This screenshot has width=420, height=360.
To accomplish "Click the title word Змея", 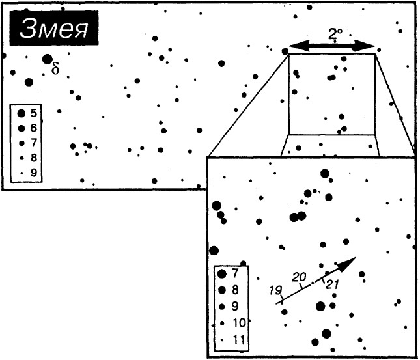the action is pyautogui.click(x=54, y=29).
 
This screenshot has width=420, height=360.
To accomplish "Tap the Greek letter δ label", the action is pyautogui.click(x=55, y=68).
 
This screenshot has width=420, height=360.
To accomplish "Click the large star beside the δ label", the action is pyautogui.click(x=48, y=59).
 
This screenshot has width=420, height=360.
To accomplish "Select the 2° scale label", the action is pyautogui.click(x=335, y=35).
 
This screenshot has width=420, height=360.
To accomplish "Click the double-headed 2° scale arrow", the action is pyautogui.click(x=332, y=46).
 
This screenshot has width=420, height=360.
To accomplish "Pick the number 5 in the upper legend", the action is pyautogui.click(x=33, y=113).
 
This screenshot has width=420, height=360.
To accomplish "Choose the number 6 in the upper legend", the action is pyautogui.click(x=33, y=128).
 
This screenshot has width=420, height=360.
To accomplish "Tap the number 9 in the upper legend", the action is pyautogui.click(x=33, y=173).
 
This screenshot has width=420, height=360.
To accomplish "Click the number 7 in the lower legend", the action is pyautogui.click(x=234, y=273).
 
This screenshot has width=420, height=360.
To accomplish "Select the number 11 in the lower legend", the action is pyautogui.click(x=239, y=340).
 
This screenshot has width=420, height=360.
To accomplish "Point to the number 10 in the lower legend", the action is pyautogui.click(x=239, y=323).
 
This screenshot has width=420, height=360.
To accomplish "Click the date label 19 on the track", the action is pyautogui.click(x=275, y=290).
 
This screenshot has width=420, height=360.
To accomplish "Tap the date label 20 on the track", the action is pyautogui.click(x=299, y=277).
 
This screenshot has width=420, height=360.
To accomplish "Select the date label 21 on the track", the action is pyautogui.click(x=332, y=284).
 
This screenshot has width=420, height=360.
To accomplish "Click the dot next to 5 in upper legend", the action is pyautogui.click(x=21, y=113).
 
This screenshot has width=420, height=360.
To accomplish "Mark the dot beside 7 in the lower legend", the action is pyautogui.click(x=221, y=274).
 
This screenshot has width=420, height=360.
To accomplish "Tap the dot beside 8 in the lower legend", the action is pyautogui.click(x=222, y=290).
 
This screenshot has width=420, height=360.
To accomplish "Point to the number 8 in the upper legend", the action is pyautogui.click(x=33, y=158).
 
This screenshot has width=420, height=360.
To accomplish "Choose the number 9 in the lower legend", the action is pyautogui.click(x=234, y=306).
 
